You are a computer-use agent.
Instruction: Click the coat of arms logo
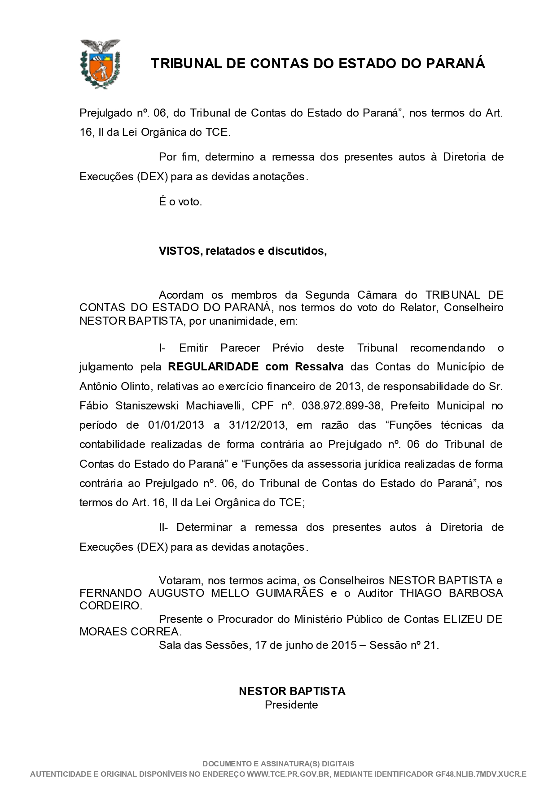pyautogui.click(x=100, y=63)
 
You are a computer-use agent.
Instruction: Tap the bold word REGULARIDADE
pyautogui.click(x=213, y=367)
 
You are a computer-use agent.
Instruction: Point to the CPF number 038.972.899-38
pyautogui.click(x=341, y=406)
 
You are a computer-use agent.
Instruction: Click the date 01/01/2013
pyautogui.click(x=176, y=425)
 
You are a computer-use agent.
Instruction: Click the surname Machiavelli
pyautogui.click(x=215, y=406)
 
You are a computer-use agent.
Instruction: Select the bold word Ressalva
pyautogui.click(x=319, y=367)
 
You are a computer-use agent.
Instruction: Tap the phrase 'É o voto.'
pyautogui.click(x=180, y=202)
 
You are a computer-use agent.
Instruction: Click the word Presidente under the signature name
pyautogui.click(x=291, y=705)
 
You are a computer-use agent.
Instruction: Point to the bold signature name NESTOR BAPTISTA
pyautogui.click(x=292, y=691)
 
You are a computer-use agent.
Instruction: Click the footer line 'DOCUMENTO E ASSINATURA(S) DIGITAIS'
pyautogui.click(x=278, y=764)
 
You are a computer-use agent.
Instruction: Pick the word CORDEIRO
pyautogui.click(x=110, y=606)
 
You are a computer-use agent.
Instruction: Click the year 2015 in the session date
pyautogui.click(x=344, y=645)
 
